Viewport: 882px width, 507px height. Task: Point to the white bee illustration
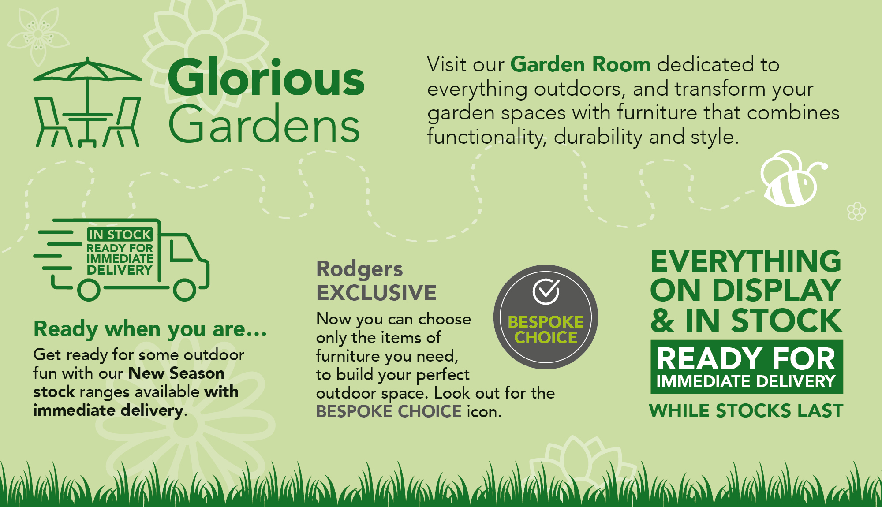click(x=792, y=179)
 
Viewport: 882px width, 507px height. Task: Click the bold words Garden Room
click(x=580, y=64)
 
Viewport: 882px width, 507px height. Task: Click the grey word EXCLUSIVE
click(x=376, y=293)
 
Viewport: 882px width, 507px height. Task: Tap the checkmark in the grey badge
click(x=546, y=291)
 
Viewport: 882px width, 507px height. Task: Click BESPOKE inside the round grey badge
click(x=546, y=322)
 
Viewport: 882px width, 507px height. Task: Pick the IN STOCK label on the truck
click(x=120, y=234)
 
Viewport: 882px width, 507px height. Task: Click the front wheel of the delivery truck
click(x=184, y=290)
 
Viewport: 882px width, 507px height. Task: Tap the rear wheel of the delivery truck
click(x=89, y=290)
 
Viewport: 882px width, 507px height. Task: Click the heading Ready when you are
click(x=150, y=329)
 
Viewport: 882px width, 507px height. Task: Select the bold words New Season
click(x=176, y=373)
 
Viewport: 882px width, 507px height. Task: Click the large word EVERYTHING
click(x=746, y=261)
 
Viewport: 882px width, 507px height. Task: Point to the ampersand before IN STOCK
click(x=662, y=321)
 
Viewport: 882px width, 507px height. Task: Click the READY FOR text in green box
click(x=746, y=358)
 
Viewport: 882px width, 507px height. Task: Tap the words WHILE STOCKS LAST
click(x=746, y=410)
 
